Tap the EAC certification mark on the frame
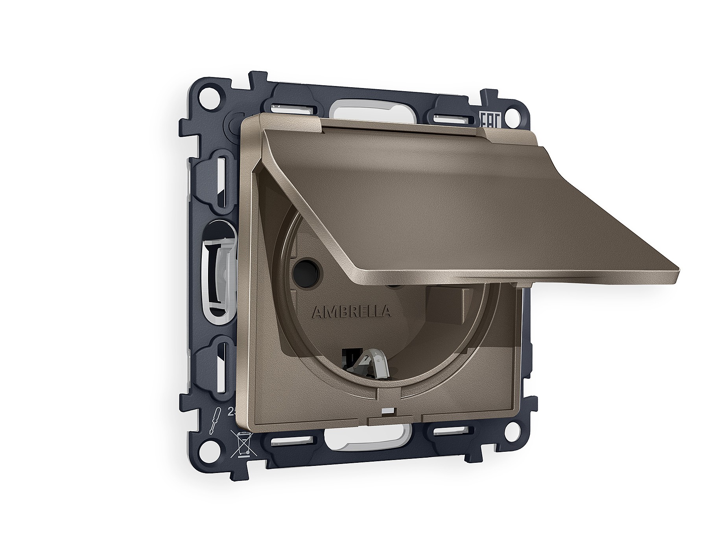(487, 118)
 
